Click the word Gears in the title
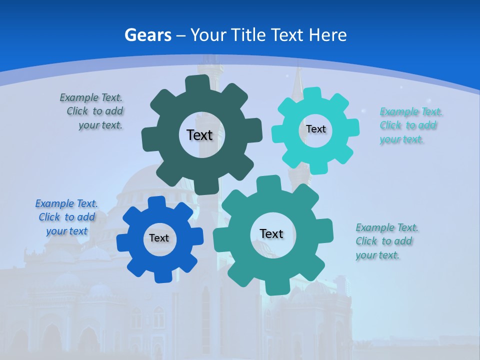pyautogui.click(x=147, y=35)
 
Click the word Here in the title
pyautogui.click(x=327, y=35)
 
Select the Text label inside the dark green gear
pyautogui.click(x=199, y=135)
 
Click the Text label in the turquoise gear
pyautogui.click(x=315, y=129)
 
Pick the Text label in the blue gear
pyautogui.click(x=159, y=238)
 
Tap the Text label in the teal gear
pyautogui.click(x=271, y=233)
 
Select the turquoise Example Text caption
pyautogui.click(x=409, y=125)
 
